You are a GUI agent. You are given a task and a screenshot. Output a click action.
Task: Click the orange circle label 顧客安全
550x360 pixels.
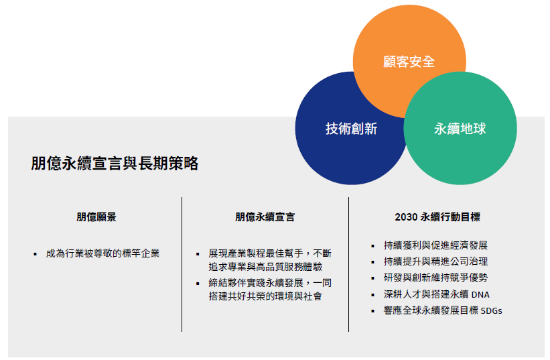[409, 62]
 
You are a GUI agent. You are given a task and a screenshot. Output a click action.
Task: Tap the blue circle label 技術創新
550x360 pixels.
[351, 129]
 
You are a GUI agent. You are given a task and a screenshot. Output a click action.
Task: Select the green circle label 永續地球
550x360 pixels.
[460, 129]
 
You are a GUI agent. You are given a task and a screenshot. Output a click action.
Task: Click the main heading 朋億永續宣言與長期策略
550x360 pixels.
[115, 163]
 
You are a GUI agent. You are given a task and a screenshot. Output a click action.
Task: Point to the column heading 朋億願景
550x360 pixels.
[96, 217]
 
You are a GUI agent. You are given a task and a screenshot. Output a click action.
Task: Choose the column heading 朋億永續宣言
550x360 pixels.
[265, 217]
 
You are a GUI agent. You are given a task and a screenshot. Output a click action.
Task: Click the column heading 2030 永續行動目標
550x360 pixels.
[437, 217]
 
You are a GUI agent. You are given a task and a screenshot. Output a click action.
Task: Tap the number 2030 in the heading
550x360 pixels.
[406, 217]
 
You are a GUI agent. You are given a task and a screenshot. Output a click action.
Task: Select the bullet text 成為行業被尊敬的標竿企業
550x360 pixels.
[102, 253]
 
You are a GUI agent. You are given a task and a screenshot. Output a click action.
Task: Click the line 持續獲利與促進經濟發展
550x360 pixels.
[435, 245]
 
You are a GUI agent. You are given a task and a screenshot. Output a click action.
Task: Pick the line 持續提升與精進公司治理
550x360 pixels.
[435, 261]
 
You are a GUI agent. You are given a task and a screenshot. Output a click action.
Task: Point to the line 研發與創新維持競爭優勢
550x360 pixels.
[435, 278]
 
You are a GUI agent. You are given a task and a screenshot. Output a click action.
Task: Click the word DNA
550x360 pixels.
[480, 294]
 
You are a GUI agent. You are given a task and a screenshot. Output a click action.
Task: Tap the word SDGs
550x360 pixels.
[492, 311]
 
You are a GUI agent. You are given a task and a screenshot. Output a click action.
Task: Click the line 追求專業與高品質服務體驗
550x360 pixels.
[265, 267]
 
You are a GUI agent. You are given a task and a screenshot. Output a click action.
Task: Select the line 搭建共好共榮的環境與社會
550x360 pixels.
[265, 296]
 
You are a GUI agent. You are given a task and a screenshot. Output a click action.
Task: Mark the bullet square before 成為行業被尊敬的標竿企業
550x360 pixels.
[35, 254]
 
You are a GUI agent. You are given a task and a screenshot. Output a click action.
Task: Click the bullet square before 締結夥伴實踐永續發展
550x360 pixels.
[198, 284]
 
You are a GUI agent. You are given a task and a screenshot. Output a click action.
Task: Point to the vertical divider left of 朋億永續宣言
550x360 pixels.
[182, 264]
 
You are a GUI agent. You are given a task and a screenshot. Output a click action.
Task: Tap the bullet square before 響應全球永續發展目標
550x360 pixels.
[372, 311]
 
